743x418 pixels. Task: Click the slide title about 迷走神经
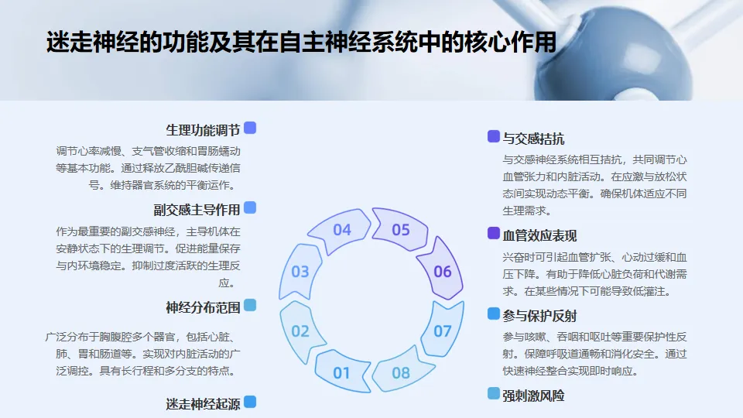(301, 42)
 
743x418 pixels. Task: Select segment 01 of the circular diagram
(341, 372)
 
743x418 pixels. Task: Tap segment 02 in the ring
(300, 331)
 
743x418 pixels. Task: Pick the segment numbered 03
(300, 272)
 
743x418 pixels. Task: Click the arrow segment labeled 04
(341, 230)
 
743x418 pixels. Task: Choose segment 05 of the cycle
(400, 229)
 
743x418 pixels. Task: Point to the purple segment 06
(442, 271)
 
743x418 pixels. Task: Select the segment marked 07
(442, 331)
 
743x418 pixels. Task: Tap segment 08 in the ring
(400, 373)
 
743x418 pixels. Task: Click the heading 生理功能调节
(203, 129)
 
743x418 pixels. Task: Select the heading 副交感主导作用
(197, 210)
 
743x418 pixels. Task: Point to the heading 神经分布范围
(203, 307)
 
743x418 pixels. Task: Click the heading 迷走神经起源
(203, 403)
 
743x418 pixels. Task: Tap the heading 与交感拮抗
(533, 139)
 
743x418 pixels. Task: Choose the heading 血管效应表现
(539, 235)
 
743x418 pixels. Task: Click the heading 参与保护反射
(539, 316)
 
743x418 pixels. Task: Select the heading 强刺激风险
(533, 396)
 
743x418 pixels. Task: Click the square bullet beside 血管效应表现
(494, 233)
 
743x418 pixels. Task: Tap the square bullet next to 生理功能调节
(250, 128)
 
